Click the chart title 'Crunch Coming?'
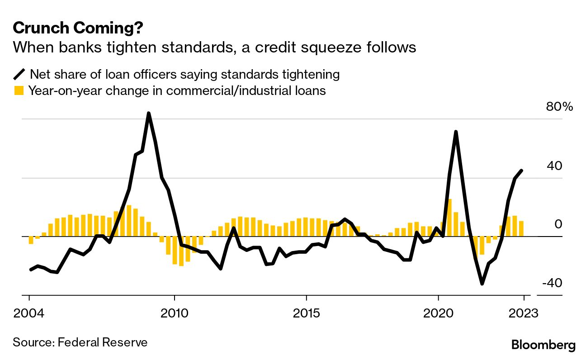78,28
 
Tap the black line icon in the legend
19,74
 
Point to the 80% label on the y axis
559,107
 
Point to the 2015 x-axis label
307,313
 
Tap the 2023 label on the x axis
524,313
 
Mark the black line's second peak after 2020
456,132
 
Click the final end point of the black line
522,171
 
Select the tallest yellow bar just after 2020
449,218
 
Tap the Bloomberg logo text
543,345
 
